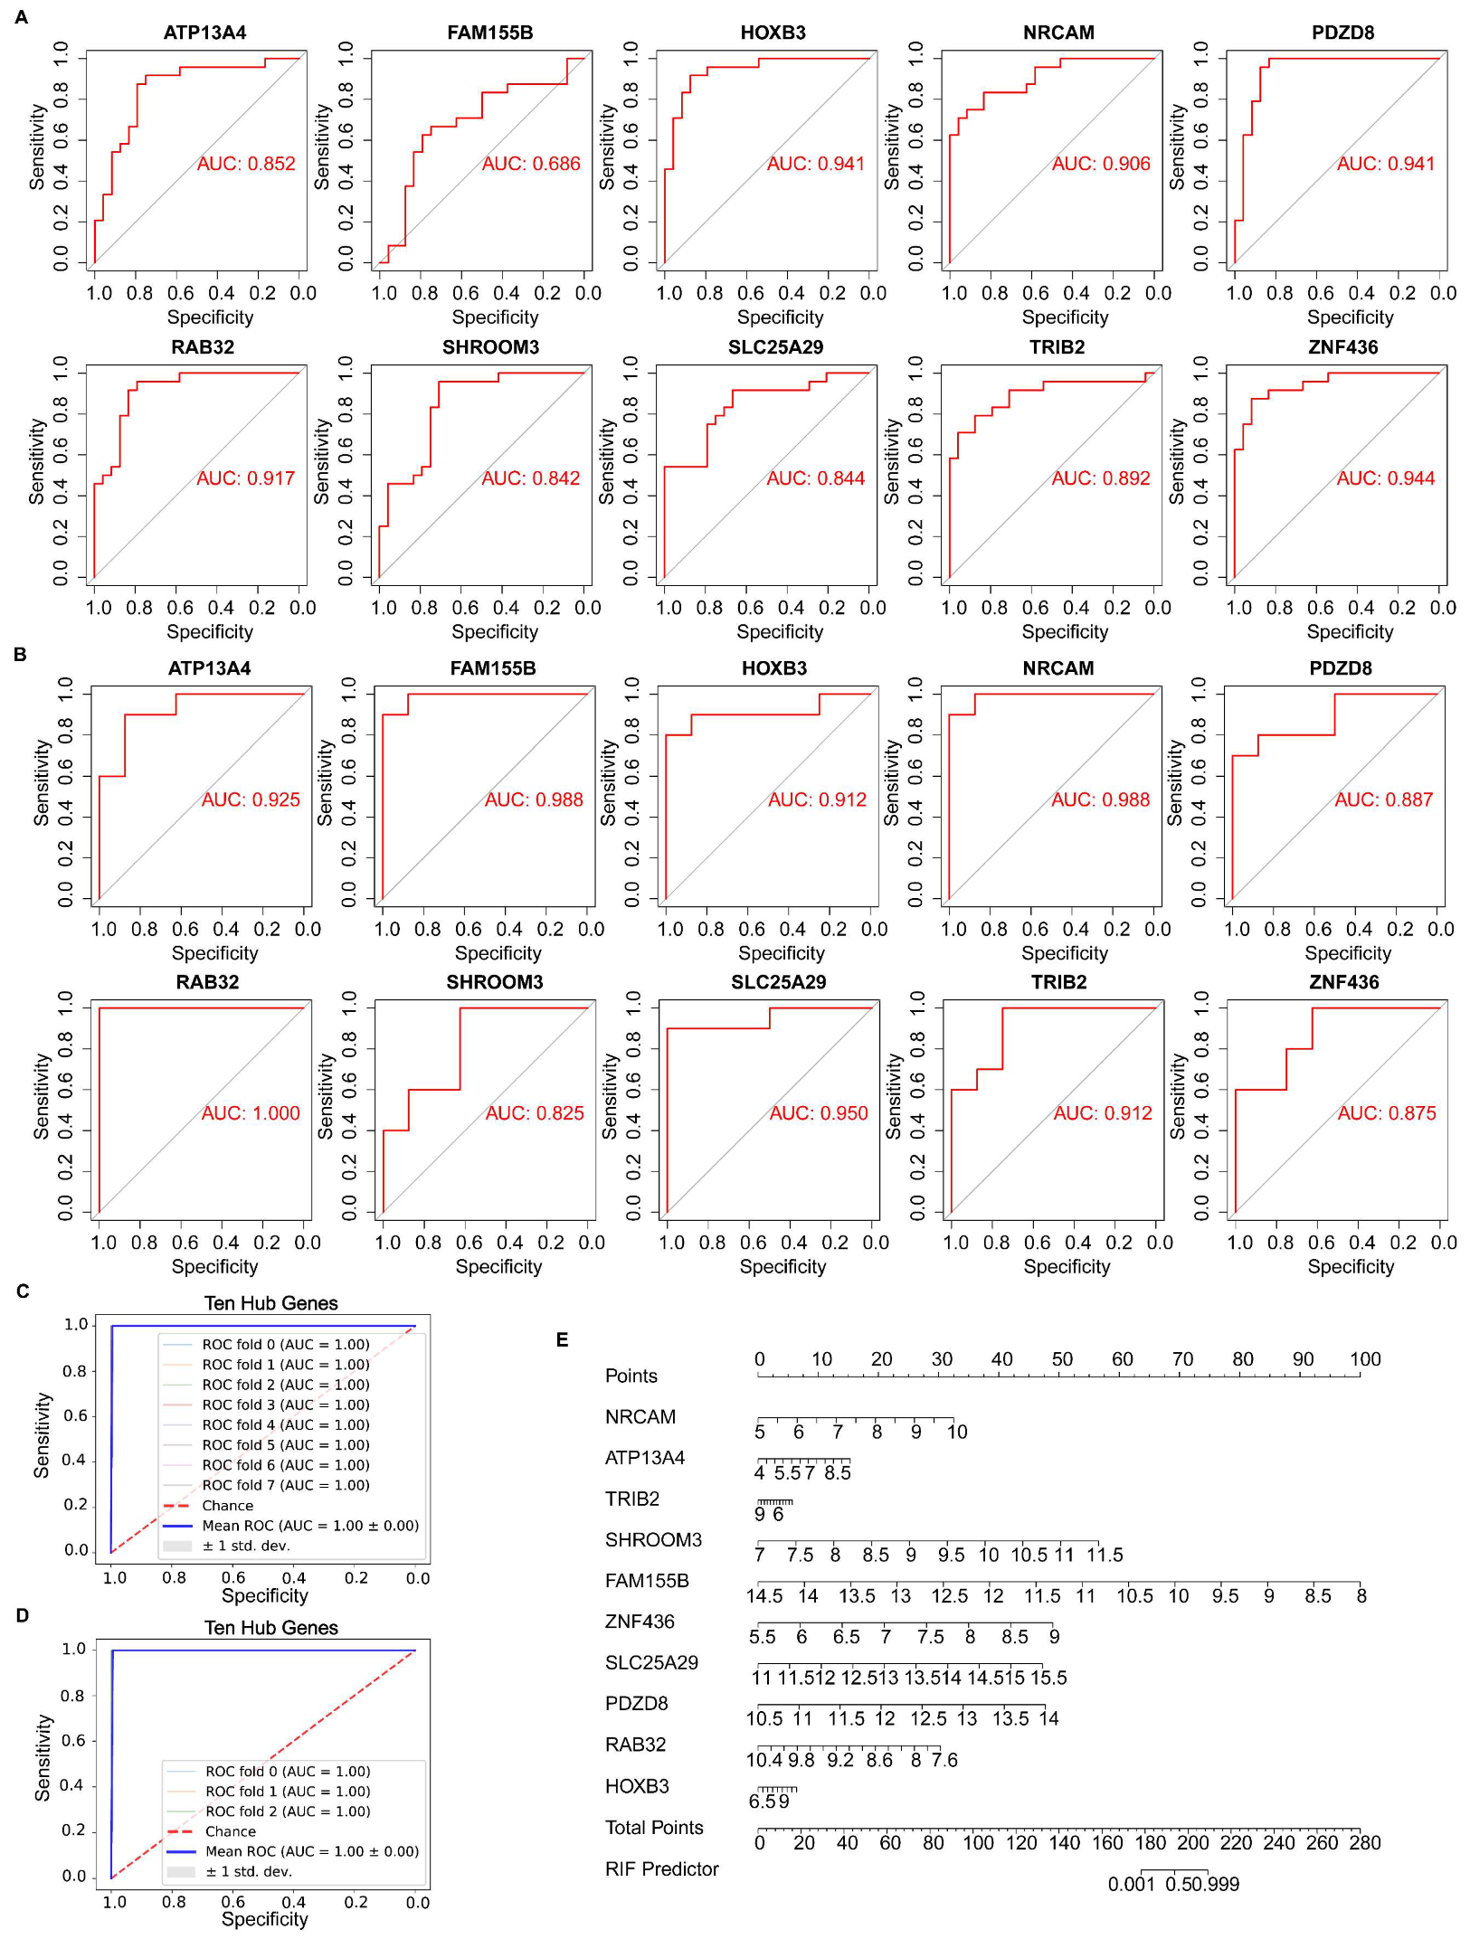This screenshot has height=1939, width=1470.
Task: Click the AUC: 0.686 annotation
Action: point(531,164)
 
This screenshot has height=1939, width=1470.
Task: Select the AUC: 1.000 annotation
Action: point(251,1113)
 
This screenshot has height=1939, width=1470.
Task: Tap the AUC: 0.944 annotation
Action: point(1386,478)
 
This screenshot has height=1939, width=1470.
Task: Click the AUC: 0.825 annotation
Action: point(535,1113)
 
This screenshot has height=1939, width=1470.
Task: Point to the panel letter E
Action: point(562,1339)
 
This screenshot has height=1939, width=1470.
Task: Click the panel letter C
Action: point(23,1291)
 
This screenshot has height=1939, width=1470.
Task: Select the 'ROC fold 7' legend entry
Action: point(285,1485)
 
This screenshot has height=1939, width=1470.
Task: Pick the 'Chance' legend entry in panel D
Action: point(230,1831)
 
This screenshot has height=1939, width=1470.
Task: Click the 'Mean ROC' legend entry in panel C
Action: point(309,1526)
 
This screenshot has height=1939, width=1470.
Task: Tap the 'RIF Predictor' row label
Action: point(661,1869)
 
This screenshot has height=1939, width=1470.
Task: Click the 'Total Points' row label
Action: point(654,1828)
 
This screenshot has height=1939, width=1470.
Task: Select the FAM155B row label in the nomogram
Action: point(647,1581)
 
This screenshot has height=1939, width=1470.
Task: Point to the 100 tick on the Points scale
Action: point(1365,1359)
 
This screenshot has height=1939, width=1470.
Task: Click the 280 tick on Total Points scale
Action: point(1365,1843)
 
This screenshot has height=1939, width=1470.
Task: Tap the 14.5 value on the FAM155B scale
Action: point(764,1596)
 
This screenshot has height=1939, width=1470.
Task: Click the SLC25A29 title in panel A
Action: point(775,347)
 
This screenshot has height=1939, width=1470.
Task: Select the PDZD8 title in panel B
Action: point(1341,668)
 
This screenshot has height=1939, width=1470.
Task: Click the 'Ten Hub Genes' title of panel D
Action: point(270,1628)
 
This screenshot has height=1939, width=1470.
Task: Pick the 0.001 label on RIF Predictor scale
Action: point(1131,1885)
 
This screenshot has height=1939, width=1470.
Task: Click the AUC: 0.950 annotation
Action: point(819,1113)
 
